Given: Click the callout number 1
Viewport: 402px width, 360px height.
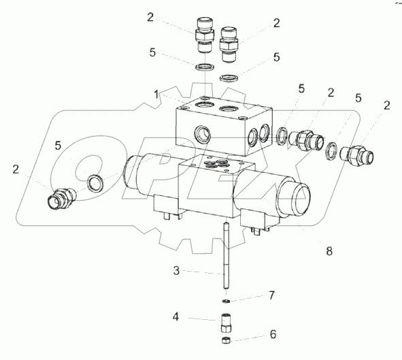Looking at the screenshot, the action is click(156, 95).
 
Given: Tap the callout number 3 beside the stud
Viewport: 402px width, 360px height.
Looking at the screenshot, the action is click(176, 271).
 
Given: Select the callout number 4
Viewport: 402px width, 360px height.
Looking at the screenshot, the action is click(175, 317).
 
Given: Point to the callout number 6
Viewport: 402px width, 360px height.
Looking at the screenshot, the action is click(273, 334).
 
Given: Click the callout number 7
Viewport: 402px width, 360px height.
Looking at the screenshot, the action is click(272, 295).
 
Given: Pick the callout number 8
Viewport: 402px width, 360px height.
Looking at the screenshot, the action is click(329, 251).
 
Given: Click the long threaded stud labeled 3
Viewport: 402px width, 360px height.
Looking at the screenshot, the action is click(226, 256).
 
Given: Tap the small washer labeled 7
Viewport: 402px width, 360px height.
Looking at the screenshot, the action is click(226, 301).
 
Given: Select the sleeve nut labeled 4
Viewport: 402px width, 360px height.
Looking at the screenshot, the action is click(226, 323).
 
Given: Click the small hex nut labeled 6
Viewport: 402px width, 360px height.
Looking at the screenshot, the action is click(226, 340).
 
